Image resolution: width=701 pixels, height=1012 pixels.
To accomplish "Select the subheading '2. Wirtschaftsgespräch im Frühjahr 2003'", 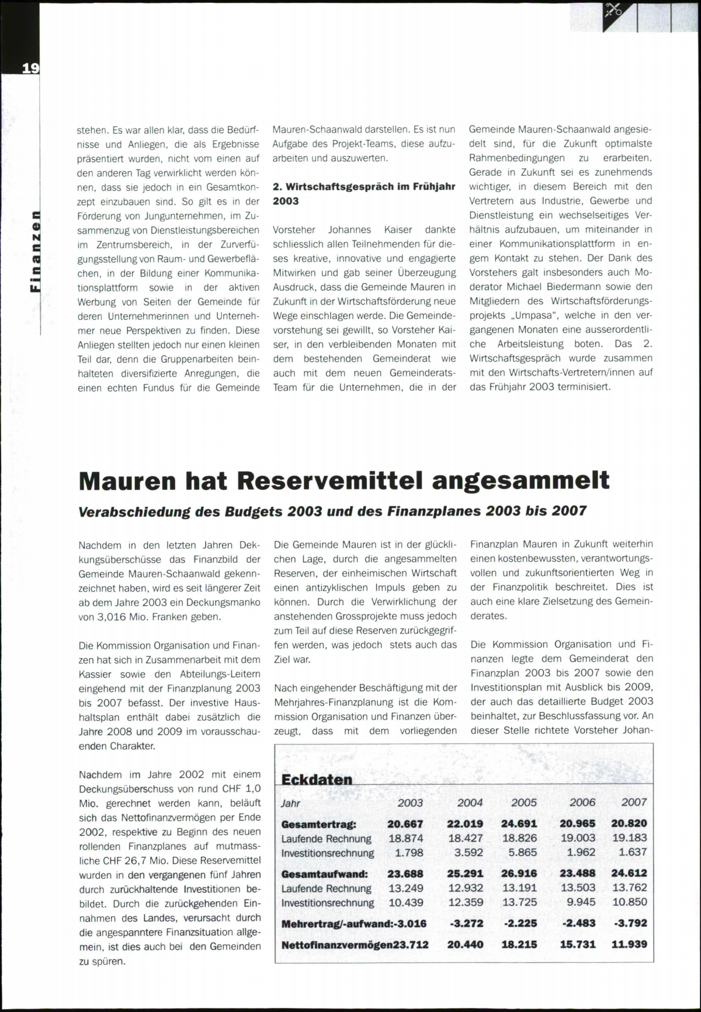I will pyautogui.click(x=365, y=194).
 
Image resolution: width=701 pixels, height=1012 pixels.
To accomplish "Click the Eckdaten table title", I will pyautogui.click(x=317, y=780).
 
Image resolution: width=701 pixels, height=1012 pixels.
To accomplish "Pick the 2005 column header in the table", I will pyautogui.click(x=523, y=803).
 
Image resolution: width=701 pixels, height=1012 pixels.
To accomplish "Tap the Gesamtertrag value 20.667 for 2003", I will pyautogui.click(x=405, y=824).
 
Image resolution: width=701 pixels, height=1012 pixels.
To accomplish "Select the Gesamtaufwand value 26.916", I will pyautogui.click(x=519, y=874).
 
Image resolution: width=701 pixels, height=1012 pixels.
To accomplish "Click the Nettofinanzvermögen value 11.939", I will pyautogui.click(x=629, y=944).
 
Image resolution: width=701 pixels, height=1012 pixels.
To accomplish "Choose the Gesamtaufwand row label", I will pyautogui.click(x=325, y=874).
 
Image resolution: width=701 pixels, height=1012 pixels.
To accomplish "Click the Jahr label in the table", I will pyautogui.click(x=290, y=804).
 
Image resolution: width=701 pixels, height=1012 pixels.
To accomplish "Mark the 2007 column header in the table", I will pyautogui.click(x=634, y=802).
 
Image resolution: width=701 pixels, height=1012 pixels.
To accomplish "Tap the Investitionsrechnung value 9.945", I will pyautogui.click(x=581, y=902).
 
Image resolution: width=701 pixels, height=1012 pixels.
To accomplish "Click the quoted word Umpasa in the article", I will pyautogui.click(x=522, y=315).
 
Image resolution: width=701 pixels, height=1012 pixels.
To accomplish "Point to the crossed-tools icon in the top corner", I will pyautogui.click(x=613, y=10).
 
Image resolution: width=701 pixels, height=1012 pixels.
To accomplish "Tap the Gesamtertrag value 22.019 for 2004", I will pyautogui.click(x=465, y=824).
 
